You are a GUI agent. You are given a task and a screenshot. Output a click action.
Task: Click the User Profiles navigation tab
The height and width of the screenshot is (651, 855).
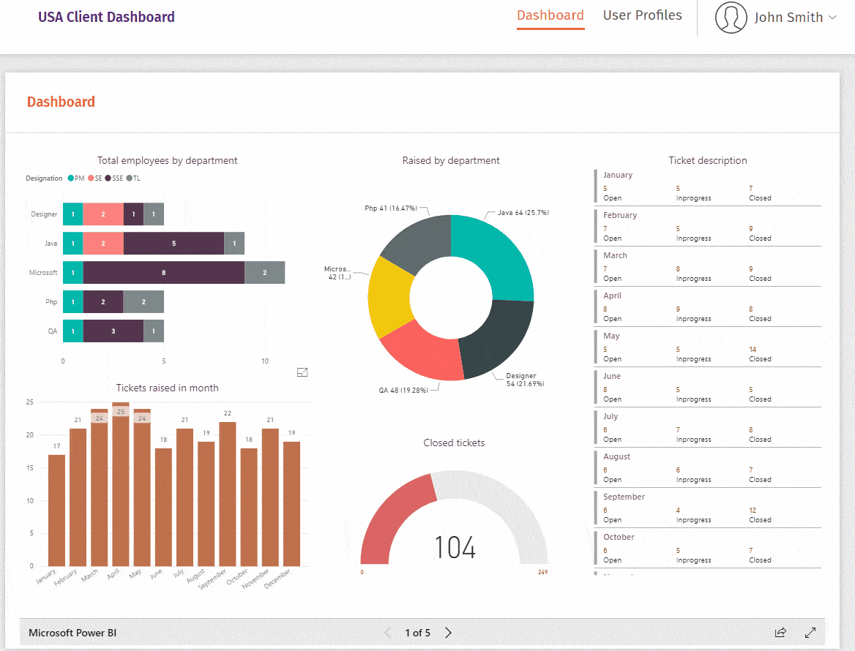coord(642,15)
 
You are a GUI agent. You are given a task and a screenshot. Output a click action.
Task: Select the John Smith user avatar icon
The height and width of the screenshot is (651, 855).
coord(731,18)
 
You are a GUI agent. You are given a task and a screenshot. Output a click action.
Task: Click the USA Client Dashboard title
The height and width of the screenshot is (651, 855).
coord(106,17)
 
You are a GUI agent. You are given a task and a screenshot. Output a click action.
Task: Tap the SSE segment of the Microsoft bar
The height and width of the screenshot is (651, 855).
coord(163,272)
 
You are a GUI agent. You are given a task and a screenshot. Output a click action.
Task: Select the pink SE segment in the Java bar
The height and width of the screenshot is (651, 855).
coord(102,244)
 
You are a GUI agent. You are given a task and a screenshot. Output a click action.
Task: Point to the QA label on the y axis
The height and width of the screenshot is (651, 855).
coord(52,331)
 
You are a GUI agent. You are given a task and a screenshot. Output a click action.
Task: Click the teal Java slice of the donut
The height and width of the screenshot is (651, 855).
coord(493,249)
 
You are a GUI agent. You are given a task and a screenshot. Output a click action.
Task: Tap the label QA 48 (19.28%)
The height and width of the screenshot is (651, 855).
coord(403,391)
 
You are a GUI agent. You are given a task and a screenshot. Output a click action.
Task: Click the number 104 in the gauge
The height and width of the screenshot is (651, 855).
coord(455,548)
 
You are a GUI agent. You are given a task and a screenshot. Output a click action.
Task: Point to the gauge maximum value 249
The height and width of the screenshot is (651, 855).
coord(542,572)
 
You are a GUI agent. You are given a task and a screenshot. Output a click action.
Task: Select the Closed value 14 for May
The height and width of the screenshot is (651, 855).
coord(753,350)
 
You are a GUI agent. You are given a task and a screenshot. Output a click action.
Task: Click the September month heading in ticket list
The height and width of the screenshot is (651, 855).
coord(624,497)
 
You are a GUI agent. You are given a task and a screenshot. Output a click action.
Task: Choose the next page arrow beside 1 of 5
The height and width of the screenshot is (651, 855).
coord(449,633)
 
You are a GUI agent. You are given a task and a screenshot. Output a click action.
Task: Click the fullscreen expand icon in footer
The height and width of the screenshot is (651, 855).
coord(810,633)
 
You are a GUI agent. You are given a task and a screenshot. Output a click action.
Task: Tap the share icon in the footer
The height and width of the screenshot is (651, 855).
coord(780,633)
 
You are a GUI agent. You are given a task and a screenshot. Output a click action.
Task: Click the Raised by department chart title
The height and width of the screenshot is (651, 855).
coord(451,160)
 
